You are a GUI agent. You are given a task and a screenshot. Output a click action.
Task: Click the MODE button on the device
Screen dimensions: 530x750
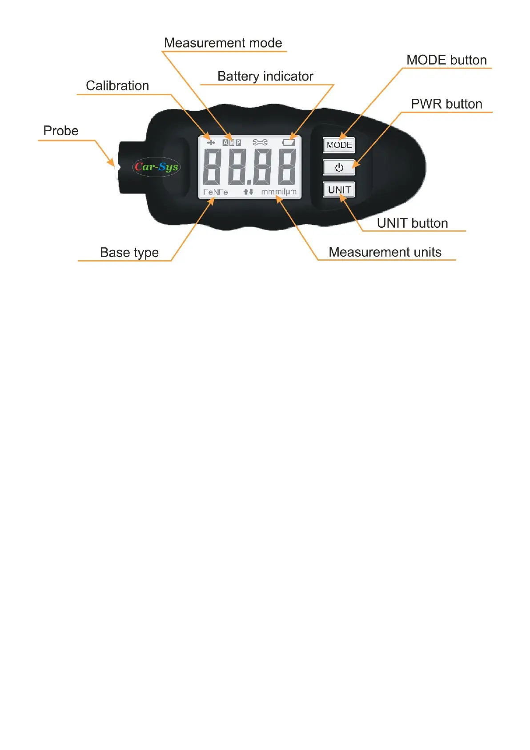[x=339, y=145]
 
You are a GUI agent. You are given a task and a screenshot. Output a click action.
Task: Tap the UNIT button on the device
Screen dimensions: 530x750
[x=339, y=190]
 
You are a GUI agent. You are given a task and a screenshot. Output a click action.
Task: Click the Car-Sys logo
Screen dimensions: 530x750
[x=156, y=167]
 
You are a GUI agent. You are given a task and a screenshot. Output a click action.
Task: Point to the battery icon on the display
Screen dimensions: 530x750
[x=289, y=142]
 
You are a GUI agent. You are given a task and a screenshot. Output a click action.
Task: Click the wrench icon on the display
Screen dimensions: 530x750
[x=260, y=142]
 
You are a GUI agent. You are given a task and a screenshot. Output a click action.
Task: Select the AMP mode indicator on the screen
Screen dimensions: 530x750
[x=232, y=142]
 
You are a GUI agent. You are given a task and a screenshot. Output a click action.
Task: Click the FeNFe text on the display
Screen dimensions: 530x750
[x=216, y=192]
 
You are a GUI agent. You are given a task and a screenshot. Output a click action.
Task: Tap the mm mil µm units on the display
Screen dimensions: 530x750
[x=279, y=192]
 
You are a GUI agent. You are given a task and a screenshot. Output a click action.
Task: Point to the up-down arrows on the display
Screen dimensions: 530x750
[x=248, y=192]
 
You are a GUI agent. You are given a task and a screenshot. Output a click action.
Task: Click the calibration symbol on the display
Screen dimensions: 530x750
[x=211, y=142]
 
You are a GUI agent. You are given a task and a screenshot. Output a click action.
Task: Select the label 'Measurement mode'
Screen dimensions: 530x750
[x=223, y=43]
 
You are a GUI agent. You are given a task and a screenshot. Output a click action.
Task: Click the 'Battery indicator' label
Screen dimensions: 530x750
[x=265, y=77]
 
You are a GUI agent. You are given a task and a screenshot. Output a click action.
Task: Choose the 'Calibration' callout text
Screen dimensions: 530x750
[x=117, y=86]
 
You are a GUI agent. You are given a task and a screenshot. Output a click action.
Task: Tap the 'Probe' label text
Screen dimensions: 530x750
[x=61, y=131]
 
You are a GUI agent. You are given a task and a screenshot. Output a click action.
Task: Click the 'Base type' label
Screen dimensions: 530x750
[x=129, y=253]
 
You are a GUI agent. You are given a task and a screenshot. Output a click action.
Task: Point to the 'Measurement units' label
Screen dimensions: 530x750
[x=385, y=252]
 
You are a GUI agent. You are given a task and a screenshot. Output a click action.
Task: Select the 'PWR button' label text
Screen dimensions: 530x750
[x=446, y=104]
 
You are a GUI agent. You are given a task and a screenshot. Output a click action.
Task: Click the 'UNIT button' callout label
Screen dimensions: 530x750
[x=412, y=223]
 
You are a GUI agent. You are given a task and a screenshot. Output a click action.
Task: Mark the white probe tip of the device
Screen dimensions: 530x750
[x=117, y=167]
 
